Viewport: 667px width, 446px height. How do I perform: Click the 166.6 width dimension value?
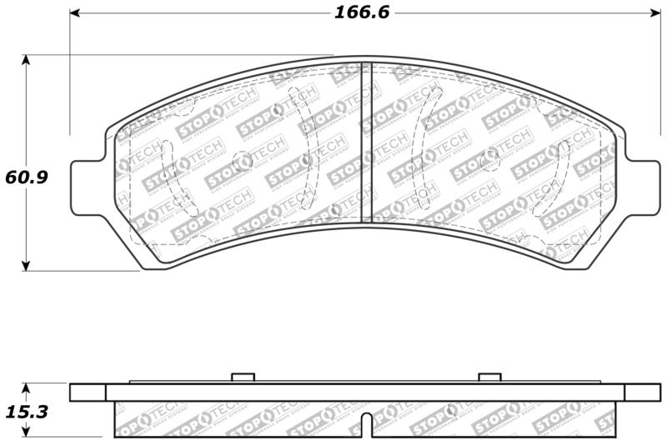(363, 13)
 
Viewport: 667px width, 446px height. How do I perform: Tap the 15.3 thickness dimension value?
(26, 412)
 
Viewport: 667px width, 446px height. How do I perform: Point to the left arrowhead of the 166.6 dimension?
(75, 13)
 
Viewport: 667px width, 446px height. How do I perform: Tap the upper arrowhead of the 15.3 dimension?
(27, 388)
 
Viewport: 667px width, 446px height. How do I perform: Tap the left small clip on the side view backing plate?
(242, 378)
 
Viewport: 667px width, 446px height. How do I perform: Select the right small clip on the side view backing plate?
(489, 378)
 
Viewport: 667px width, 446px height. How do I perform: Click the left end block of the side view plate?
(88, 392)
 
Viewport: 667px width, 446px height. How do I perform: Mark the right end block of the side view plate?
(642, 392)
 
